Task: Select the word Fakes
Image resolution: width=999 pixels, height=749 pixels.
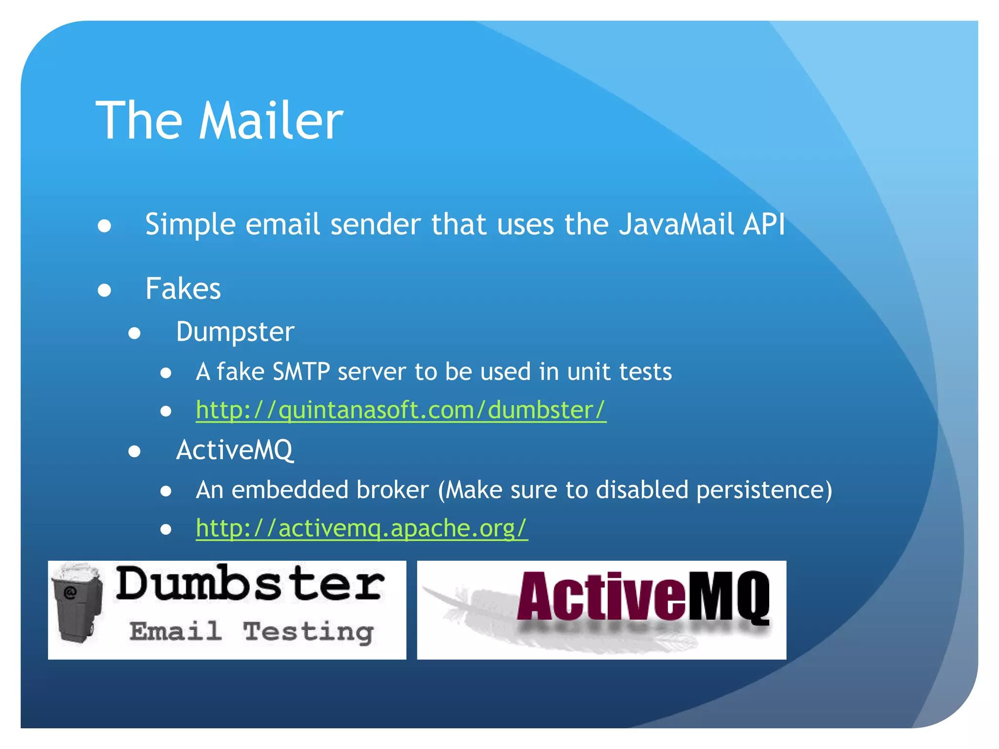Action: (x=183, y=289)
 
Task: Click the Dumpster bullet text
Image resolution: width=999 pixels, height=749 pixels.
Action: (x=235, y=332)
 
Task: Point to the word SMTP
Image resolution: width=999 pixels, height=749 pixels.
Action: (x=301, y=372)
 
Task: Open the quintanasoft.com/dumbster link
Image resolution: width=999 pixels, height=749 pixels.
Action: (x=400, y=410)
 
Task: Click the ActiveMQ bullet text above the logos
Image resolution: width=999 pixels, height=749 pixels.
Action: (x=235, y=450)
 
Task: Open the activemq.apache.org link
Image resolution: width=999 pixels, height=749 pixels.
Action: (x=361, y=528)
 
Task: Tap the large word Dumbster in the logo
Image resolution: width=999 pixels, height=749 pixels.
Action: (x=250, y=584)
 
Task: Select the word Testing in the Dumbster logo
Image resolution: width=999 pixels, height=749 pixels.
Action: (x=308, y=632)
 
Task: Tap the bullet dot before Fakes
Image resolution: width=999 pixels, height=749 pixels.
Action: (x=104, y=290)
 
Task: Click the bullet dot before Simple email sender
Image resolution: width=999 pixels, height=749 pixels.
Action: (x=104, y=226)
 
